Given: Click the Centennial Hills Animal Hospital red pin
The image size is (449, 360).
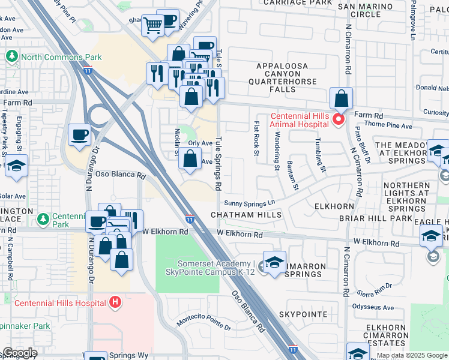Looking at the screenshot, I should [x=338, y=120].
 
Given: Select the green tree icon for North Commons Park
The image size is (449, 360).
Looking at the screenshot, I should [x=11, y=57].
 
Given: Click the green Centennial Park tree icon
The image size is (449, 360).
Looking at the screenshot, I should [x=43, y=219].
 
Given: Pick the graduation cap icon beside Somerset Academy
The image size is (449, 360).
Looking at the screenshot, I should [x=274, y=264].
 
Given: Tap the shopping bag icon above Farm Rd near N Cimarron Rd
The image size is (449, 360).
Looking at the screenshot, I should [x=341, y=99].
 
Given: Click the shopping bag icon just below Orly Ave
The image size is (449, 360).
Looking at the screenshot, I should [x=190, y=160].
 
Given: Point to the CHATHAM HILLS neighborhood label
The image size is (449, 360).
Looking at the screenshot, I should [x=246, y=215].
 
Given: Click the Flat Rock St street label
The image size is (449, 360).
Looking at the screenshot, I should [x=256, y=139].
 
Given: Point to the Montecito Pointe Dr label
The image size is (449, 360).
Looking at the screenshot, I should [x=204, y=323].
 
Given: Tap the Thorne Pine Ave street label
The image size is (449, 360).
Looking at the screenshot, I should [x=388, y=127].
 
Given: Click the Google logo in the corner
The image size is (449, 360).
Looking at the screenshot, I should [x=19, y=353].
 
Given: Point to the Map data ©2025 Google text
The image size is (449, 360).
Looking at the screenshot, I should [x=412, y=355].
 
